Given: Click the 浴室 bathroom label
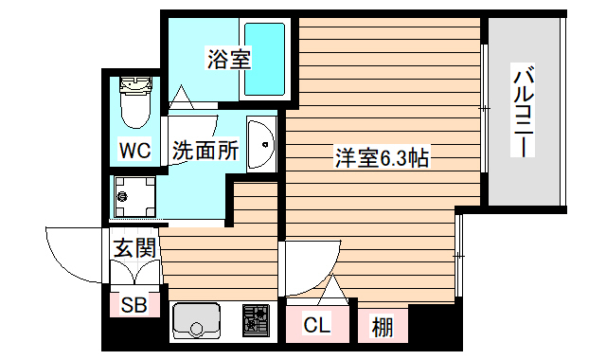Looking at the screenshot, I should [x=229, y=60].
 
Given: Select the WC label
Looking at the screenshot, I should [x=134, y=150].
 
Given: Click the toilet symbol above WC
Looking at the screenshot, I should [x=135, y=101].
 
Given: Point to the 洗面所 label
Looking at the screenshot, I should [x=204, y=150].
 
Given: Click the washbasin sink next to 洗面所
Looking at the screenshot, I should [x=259, y=145].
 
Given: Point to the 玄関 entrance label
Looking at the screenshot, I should [x=134, y=248].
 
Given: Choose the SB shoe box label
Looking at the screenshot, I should [x=134, y=306].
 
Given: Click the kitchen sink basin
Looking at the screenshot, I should [x=196, y=322].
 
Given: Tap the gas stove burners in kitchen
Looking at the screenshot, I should [x=255, y=320].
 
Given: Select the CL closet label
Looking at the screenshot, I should [x=317, y=326].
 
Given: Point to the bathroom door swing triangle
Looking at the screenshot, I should [x=182, y=97].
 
